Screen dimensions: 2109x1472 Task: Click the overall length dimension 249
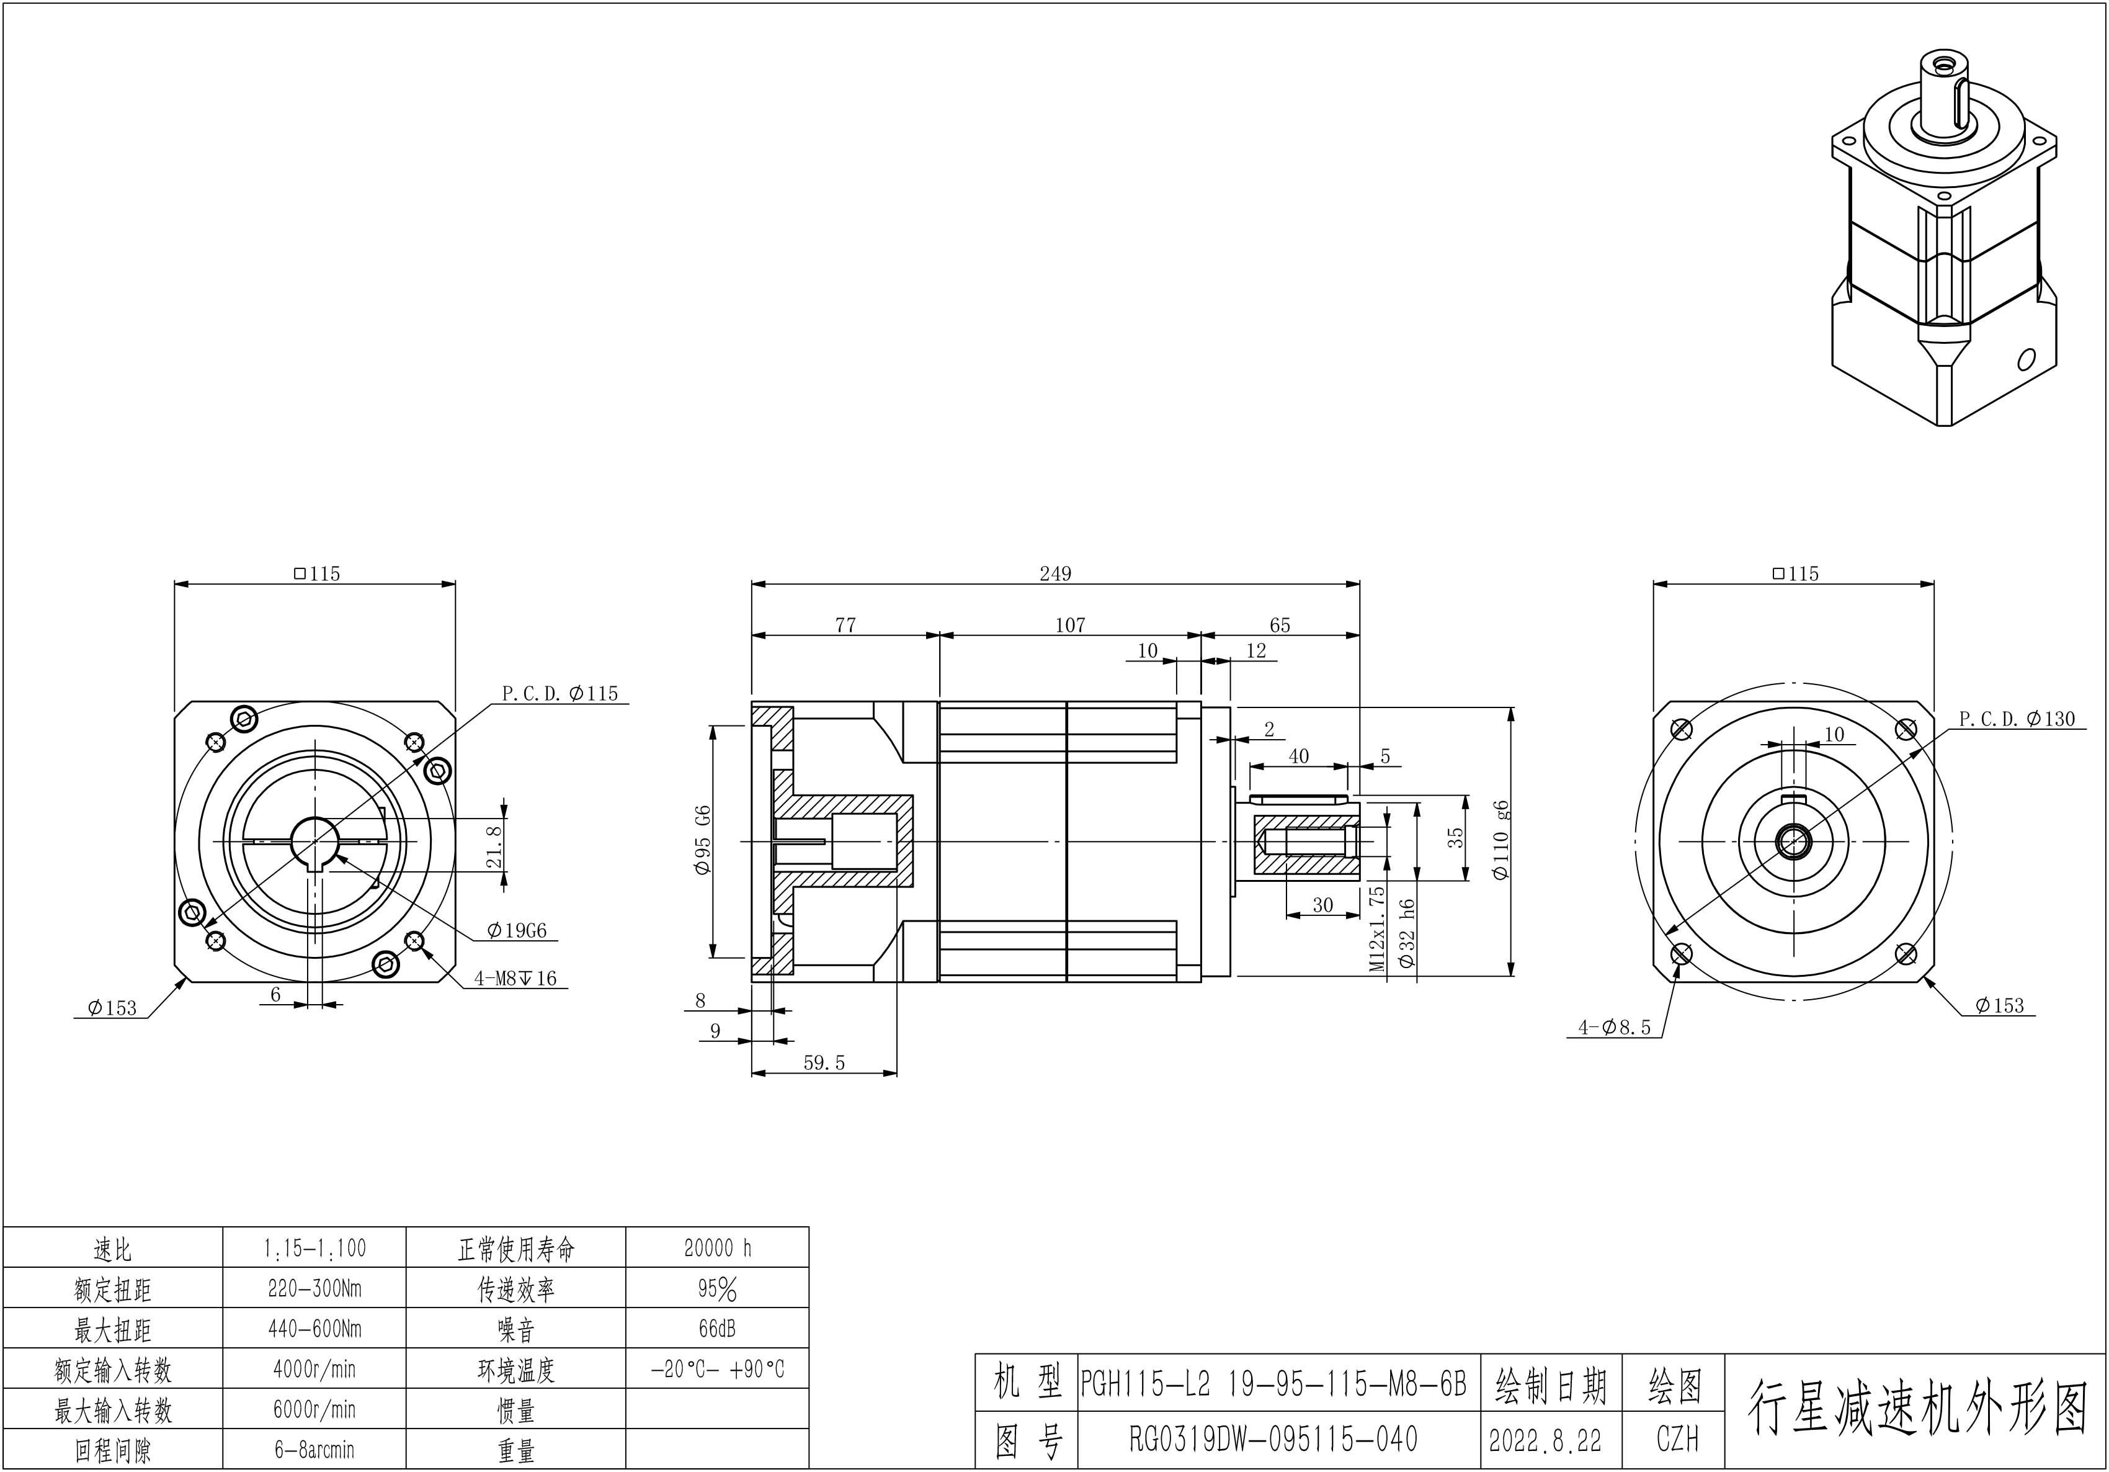tap(1055, 573)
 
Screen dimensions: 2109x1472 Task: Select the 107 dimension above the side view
tap(1070, 625)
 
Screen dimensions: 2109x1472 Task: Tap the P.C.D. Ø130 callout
tap(2017, 719)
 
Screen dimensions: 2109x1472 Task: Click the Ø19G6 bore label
tap(517, 931)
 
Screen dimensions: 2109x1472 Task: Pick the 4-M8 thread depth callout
tap(515, 979)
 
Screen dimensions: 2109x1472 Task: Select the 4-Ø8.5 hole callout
tap(1615, 1027)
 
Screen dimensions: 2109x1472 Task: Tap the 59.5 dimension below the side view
tap(824, 1062)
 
